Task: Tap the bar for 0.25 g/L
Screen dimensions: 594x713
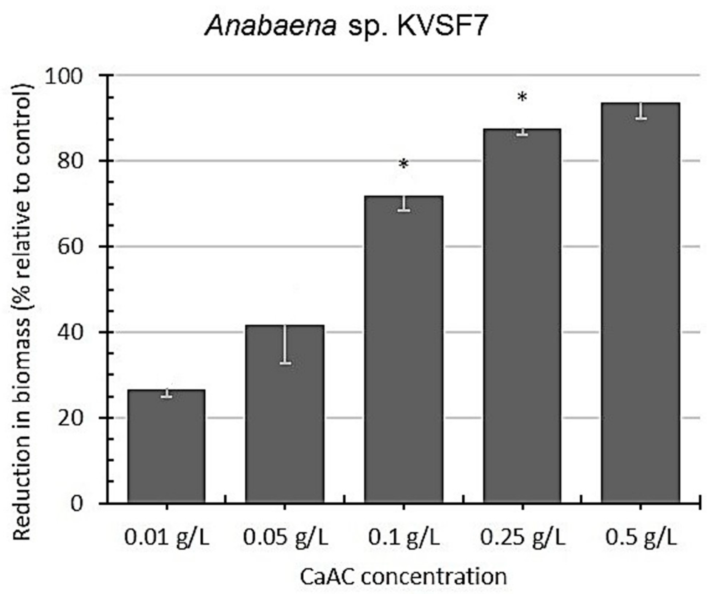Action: click(522, 316)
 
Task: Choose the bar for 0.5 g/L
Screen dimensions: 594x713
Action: click(640, 302)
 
